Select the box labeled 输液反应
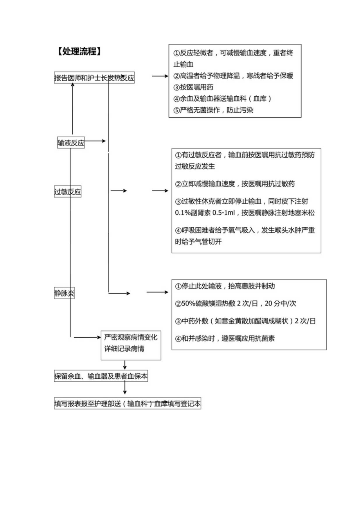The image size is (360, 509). (x=71, y=143)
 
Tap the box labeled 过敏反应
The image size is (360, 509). (x=68, y=192)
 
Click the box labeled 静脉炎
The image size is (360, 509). (x=64, y=293)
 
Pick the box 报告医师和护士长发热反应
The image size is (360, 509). (x=94, y=78)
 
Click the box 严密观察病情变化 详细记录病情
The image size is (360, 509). (x=131, y=343)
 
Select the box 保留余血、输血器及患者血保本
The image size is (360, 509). (x=101, y=376)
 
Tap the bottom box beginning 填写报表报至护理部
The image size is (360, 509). (x=127, y=404)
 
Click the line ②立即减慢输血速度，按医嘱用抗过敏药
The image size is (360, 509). (x=235, y=183)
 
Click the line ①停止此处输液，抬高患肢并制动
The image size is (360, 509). (x=225, y=286)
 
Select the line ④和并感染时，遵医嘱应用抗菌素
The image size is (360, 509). (x=225, y=338)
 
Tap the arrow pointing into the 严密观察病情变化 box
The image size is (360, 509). (x=88, y=337)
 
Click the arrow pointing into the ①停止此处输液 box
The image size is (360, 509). (x=157, y=292)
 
